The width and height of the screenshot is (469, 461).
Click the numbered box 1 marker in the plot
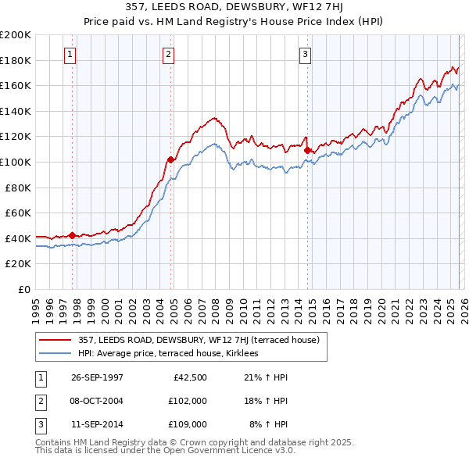pyautogui.click(x=71, y=54)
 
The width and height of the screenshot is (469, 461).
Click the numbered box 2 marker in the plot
pyautogui.click(x=169, y=54)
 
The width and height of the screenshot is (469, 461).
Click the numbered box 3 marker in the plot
pyautogui.click(x=305, y=54)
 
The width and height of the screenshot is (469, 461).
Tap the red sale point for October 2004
pyautogui.click(x=170, y=159)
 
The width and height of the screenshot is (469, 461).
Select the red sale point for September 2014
pyautogui.click(x=307, y=150)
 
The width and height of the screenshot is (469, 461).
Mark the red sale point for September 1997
pyautogui.click(x=73, y=235)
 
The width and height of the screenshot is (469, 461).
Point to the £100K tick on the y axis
pyautogui.click(x=15, y=162)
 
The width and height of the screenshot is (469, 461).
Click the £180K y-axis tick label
pyautogui.click(x=15, y=60)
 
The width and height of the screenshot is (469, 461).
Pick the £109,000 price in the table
pyautogui.click(x=188, y=424)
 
